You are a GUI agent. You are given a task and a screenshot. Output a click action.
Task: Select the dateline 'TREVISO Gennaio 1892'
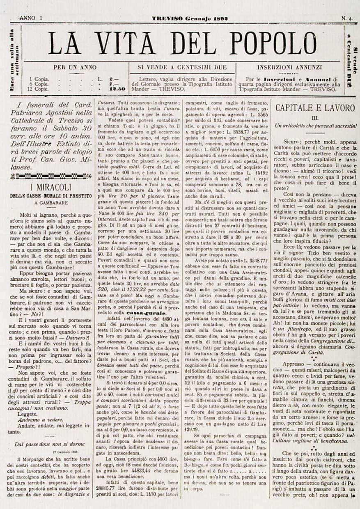(x=190, y=19)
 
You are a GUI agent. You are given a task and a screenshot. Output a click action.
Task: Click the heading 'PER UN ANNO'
(x=75, y=67)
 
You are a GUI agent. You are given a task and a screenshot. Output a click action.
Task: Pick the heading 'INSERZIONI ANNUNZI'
(x=289, y=67)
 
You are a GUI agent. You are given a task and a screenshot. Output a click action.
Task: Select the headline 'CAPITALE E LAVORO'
(x=314, y=108)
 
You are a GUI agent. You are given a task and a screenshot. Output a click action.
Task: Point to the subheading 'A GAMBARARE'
(x=50, y=202)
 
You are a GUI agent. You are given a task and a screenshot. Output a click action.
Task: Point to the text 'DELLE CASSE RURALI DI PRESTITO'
(x=51, y=196)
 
